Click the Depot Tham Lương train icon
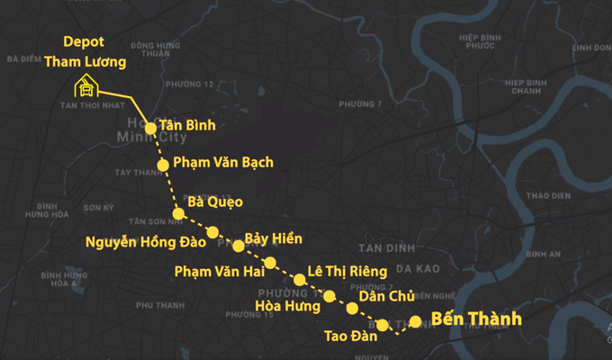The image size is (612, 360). [x=85, y=86]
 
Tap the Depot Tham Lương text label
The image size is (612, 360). [x=94, y=52]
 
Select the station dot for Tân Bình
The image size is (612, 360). [x=151, y=128]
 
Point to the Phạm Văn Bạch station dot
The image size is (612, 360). [x=163, y=165]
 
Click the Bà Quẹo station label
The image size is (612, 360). [x=215, y=202]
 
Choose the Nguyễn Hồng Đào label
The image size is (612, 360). [x=146, y=241]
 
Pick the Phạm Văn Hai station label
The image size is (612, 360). [x=219, y=271]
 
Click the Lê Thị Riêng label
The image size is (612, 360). [x=346, y=271]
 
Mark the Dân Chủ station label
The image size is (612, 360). [x=386, y=295]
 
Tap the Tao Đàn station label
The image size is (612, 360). [x=349, y=337]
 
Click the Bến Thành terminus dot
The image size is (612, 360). [x=415, y=321]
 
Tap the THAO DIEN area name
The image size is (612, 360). [x=549, y=194]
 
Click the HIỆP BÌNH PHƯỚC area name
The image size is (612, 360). [x=477, y=41]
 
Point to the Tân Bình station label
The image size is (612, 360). [x=187, y=125]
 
